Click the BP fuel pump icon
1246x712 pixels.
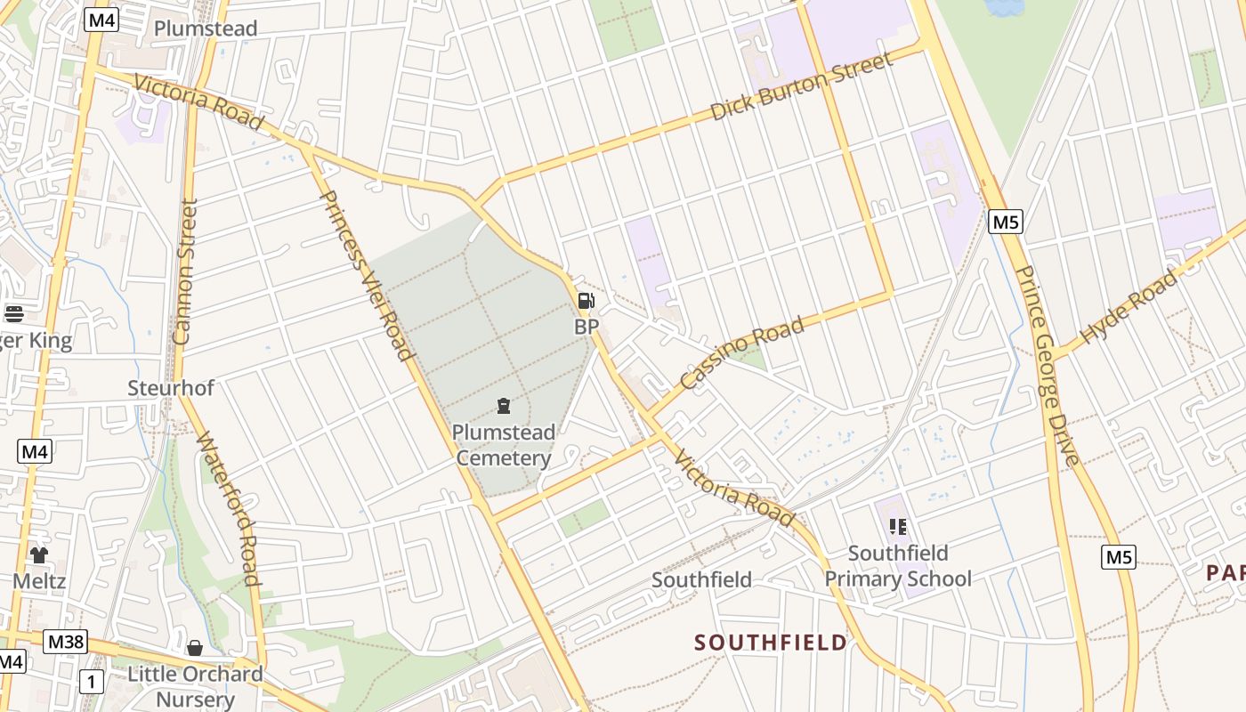[586, 301]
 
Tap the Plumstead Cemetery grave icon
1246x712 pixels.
[504, 407]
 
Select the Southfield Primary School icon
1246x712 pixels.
[897, 527]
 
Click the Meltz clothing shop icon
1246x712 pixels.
[39, 555]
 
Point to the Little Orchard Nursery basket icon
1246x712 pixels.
[195, 647]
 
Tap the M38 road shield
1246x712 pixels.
[65, 641]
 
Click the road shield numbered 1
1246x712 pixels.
[92, 683]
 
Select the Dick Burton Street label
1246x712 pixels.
[801, 87]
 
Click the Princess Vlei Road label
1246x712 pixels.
[367, 275]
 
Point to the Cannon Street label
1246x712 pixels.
[185, 271]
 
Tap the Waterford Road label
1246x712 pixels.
[229, 509]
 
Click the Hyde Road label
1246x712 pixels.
[1128, 307]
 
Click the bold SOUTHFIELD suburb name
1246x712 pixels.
[771, 643]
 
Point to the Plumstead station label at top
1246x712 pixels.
[206, 28]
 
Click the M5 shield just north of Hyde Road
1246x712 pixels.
[1005, 222]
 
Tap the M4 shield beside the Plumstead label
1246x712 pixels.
[101, 20]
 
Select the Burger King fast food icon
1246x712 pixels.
[13, 313]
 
